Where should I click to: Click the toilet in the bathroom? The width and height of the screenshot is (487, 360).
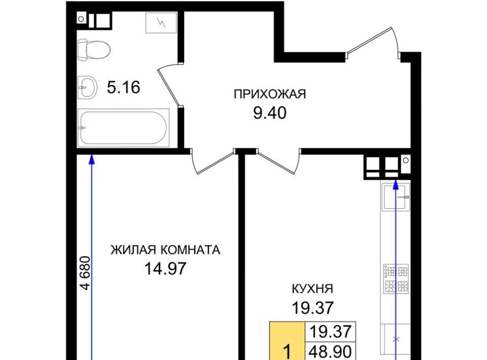(93, 50)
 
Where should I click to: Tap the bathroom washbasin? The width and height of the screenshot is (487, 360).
(87, 88)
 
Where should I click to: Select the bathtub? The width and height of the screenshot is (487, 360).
(123, 128)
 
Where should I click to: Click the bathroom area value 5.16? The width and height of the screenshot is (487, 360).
(124, 87)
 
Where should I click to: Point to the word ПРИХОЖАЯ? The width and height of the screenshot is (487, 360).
(270, 94)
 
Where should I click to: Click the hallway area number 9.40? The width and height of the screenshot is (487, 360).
(269, 113)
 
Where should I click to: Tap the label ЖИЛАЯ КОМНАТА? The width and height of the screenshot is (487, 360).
(165, 250)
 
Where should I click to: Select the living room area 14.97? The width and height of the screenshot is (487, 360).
(165, 268)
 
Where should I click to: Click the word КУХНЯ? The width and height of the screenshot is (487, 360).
(312, 289)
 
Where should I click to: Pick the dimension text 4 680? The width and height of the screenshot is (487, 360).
(85, 273)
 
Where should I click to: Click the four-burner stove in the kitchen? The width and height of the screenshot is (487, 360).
(396, 279)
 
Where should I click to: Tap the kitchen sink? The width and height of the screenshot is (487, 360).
(397, 197)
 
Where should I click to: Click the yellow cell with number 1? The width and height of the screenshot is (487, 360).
(287, 341)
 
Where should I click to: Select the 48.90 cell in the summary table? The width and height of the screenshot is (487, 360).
(330, 351)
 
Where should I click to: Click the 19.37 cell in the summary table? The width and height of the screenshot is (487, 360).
(330, 332)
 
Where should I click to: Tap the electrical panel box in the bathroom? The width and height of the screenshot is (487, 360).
(161, 22)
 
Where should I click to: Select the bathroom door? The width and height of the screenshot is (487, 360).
(168, 84)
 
